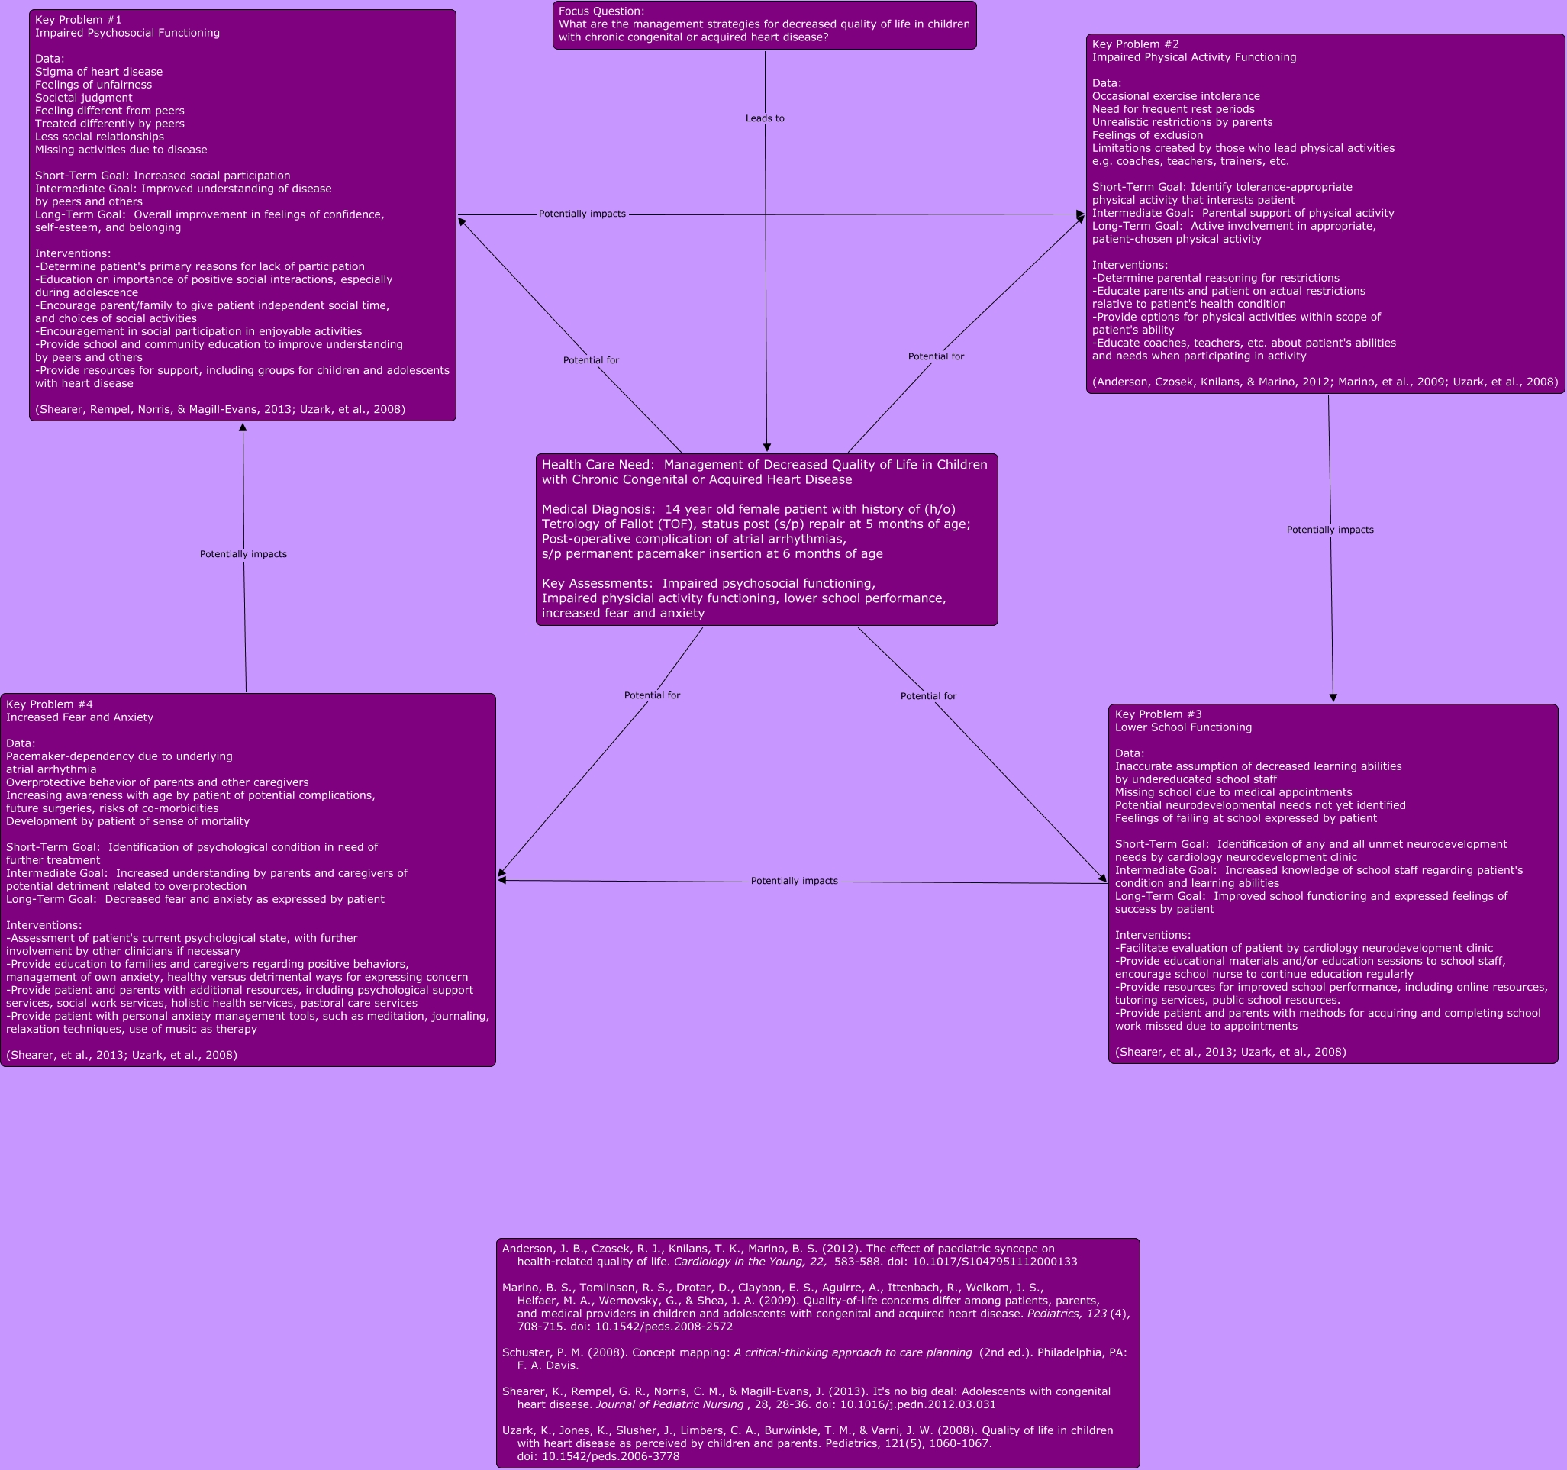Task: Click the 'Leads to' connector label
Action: pyautogui.click(x=765, y=118)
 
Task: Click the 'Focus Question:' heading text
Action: pyautogui.click(x=601, y=11)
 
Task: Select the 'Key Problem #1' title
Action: pyautogui.click(x=78, y=20)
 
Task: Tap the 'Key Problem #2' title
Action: pyautogui.click(x=1135, y=44)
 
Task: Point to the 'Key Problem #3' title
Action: pyautogui.click(x=1158, y=714)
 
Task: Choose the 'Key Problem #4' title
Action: pyautogui.click(x=49, y=704)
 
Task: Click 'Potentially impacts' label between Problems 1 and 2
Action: pyautogui.click(x=582, y=214)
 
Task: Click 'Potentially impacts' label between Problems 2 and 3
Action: pyautogui.click(x=1330, y=530)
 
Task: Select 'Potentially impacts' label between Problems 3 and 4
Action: pyautogui.click(x=794, y=881)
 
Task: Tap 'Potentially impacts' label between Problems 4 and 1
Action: pyautogui.click(x=243, y=554)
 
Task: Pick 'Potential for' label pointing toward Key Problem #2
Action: pyautogui.click(x=936, y=356)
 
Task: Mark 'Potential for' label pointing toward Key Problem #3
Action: pyautogui.click(x=927, y=696)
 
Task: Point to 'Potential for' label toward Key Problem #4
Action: pyautogui.click(x=652, y=695)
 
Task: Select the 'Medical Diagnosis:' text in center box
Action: pyautogui.click(x=598, y=509)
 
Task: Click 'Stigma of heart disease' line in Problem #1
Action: pyautogui.click(x=98, y=72)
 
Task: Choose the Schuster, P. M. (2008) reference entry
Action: pyautogui.click(x=814, y=1359)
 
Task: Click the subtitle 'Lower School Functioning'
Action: pyautogui.click(x=1182, y=727)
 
